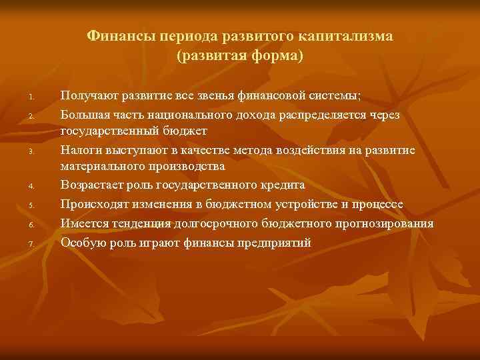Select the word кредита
point(283,185)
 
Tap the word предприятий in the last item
point(274,242)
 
